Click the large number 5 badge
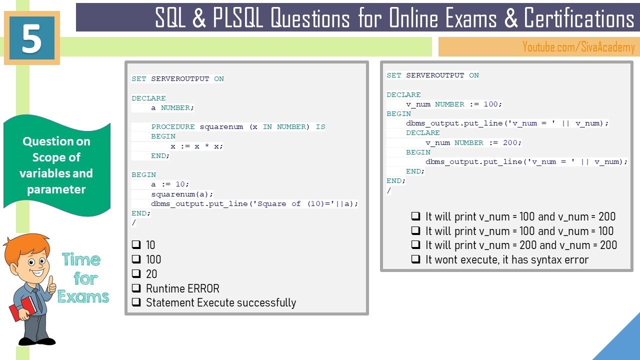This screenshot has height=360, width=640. (31, 38)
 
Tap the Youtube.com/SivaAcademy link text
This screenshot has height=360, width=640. (578, 47)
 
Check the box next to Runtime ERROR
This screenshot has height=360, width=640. (136, 288)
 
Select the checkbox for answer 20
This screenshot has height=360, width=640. (136, 273)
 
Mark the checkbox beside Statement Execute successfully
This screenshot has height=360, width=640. (136, 302)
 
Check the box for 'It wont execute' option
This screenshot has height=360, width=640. (415, 259)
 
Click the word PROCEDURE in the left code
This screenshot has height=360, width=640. (173, 126)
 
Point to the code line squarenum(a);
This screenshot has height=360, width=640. (182, 194)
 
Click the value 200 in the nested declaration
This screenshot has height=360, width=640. (510, 142)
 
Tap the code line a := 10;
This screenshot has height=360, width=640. (170, 184)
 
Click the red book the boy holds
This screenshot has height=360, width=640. (22, 309)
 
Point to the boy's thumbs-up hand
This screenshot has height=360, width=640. (51, 284)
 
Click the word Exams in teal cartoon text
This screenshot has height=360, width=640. (83, 296)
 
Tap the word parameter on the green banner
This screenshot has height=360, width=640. (56, 189)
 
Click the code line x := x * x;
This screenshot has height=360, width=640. (196, 146)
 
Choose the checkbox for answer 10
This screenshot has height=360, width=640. (136, 244)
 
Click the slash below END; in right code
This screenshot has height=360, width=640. (388, 190)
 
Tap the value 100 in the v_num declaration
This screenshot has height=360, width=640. (490, 104)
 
